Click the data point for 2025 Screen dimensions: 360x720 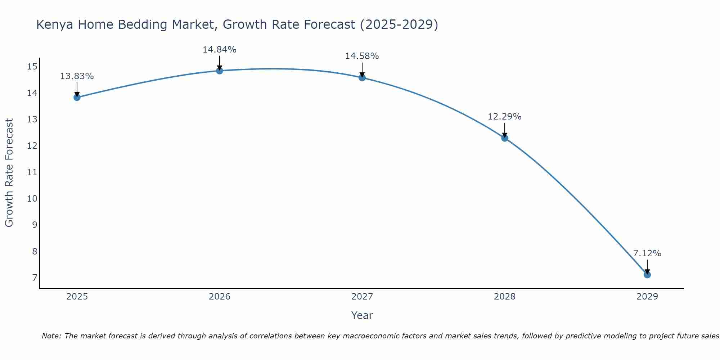click(x=77, y=97)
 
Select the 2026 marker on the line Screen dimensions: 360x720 click(x=220, y=71)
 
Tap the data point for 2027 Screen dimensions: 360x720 click(x=362, y=77)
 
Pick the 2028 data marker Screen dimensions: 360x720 click(x=505, y=138)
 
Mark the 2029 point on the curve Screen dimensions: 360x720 click(x=647, y=275)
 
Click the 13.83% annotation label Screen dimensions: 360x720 click(x=77, y=76)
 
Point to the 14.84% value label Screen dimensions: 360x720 click(x=219, y=50)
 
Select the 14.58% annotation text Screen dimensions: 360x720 click(x=362, y=56)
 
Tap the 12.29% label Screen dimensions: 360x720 click(x=504, y=117)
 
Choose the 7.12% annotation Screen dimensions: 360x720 click(x=647, y=253)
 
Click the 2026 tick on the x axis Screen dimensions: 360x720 click(x=220, y=297)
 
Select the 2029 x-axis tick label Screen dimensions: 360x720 click(x=647, y=297)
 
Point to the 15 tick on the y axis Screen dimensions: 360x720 click(x=32, y=66)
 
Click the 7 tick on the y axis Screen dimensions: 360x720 click(x=35, y=278)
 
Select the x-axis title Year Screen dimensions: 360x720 click(x=362, y=315)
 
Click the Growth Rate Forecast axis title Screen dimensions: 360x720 click(x=9, y=173)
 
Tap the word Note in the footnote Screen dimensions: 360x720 click(x=52, y=336)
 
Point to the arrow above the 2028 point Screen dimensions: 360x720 click(x=505, y=130)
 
